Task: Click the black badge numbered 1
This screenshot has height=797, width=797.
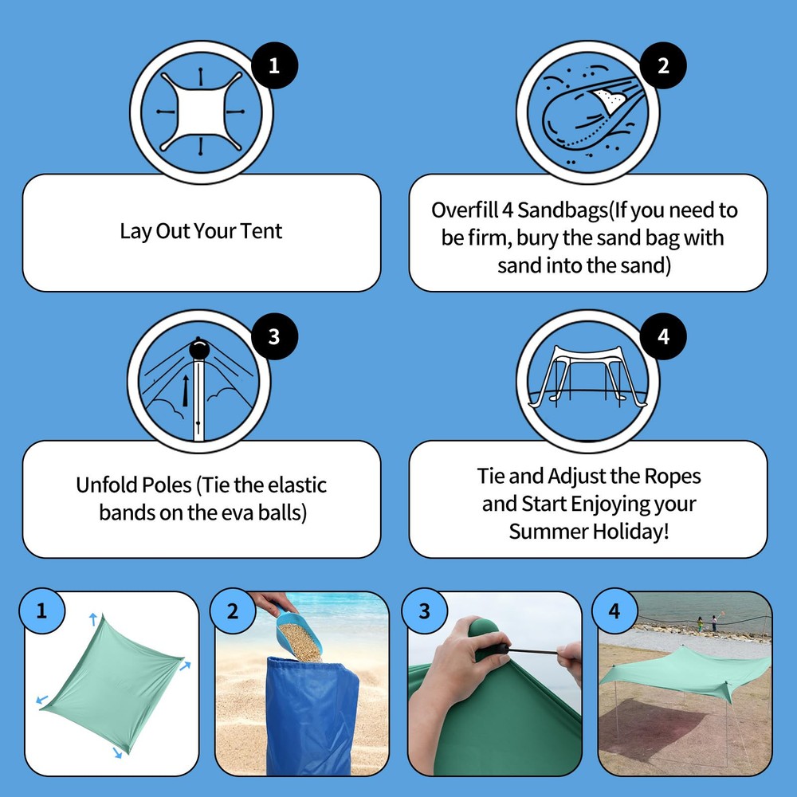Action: point(274,65)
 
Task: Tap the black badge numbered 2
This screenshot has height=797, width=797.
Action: point(663,65)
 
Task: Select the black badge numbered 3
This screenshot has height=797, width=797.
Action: point(274,336)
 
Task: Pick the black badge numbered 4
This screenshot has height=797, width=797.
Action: point(663,336)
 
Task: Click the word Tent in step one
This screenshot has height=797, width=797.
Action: point(261,231)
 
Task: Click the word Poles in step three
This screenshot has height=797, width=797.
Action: point(167,485)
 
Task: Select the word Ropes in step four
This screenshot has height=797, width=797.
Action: point(673,477)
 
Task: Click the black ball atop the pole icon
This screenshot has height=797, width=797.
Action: point(199,349)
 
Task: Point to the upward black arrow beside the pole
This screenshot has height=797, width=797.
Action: point(186,391)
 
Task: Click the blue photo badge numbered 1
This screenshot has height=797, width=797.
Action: point(41,611)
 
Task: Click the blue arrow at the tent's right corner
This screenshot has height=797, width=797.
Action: point(185,665)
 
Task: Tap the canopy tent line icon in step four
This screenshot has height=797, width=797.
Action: point(587,377)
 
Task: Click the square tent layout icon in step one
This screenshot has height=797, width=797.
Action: point(201,112)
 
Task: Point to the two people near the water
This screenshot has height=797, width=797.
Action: point(707,623)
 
